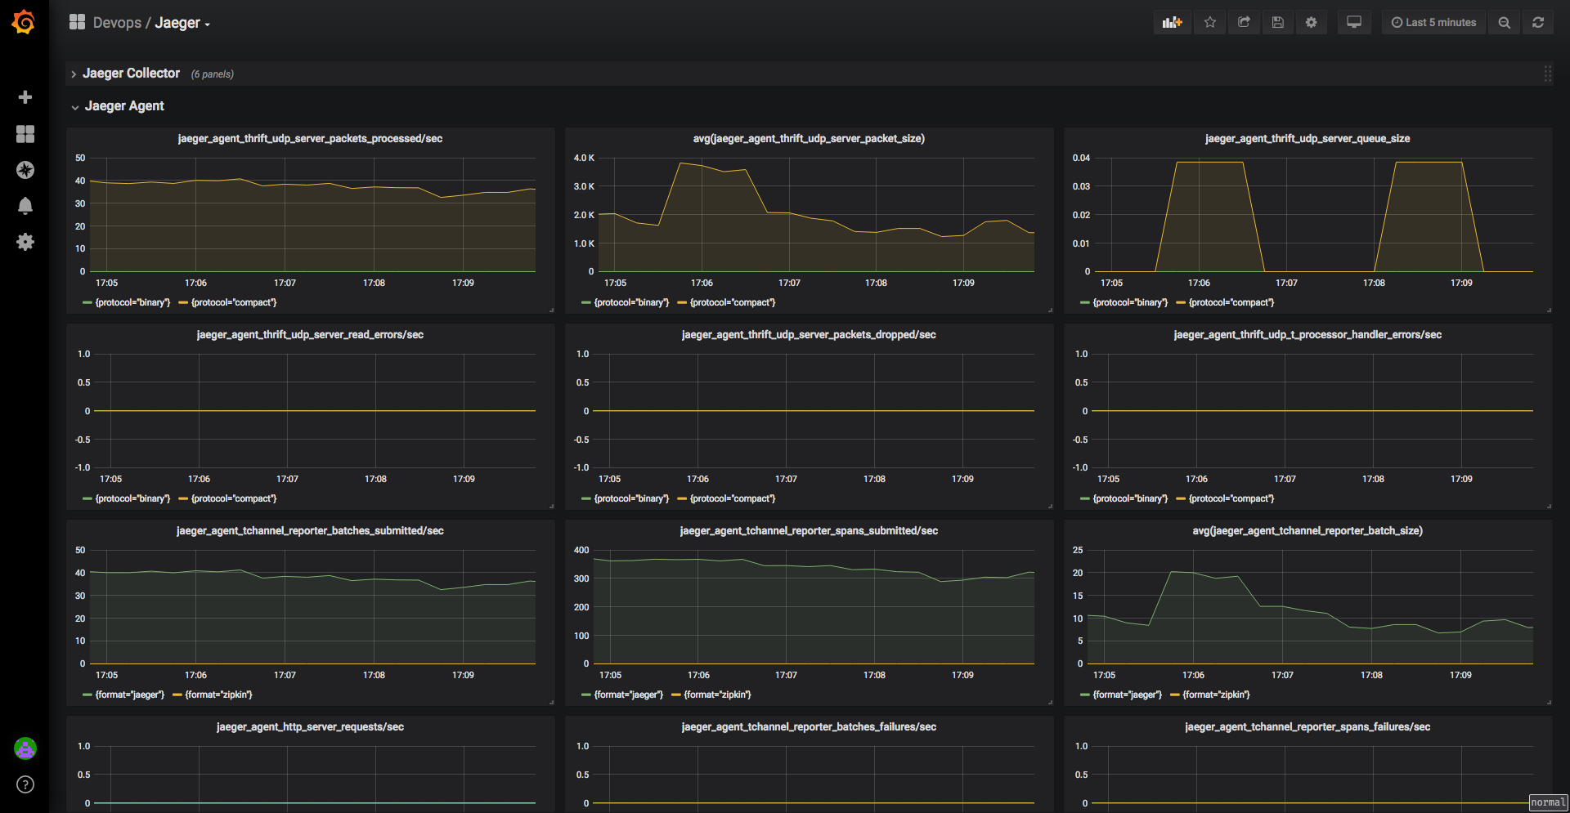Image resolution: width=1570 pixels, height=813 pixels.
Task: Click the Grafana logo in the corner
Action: click(24, 22)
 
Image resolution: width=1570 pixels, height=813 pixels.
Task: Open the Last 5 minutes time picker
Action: click(1433, 23)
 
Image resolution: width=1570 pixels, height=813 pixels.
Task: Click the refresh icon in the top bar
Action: click(1538, 23)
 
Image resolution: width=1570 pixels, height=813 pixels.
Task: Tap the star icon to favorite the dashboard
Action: click(1210, 23)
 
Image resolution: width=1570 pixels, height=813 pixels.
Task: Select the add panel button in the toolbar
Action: click(1173, 23)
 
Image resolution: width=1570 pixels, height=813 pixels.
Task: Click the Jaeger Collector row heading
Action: click(131, 74)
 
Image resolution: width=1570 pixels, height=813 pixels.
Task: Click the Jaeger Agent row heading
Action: click(124, 106)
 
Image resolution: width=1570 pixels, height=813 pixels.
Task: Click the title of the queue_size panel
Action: click(1308, 139)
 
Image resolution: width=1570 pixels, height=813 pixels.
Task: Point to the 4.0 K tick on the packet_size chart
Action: click(584, 158)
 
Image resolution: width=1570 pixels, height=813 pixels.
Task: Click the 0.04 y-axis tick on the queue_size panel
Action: click(1081, 158)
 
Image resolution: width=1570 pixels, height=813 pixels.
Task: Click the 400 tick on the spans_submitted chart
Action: click(581, 550)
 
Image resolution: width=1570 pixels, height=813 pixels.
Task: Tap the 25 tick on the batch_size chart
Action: click(1078, 550)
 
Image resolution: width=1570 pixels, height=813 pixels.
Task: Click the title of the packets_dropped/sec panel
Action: click(809, 335)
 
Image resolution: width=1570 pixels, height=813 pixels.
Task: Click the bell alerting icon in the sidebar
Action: click(25, 206)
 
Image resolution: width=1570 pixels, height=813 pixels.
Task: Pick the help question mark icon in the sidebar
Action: click(25, 784)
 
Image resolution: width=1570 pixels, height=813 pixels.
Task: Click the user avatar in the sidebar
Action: click(25, 748)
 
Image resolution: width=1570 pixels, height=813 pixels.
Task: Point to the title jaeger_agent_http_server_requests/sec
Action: click(310, 727)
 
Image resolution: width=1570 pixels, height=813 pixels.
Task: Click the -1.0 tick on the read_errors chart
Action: click(83, 467)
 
